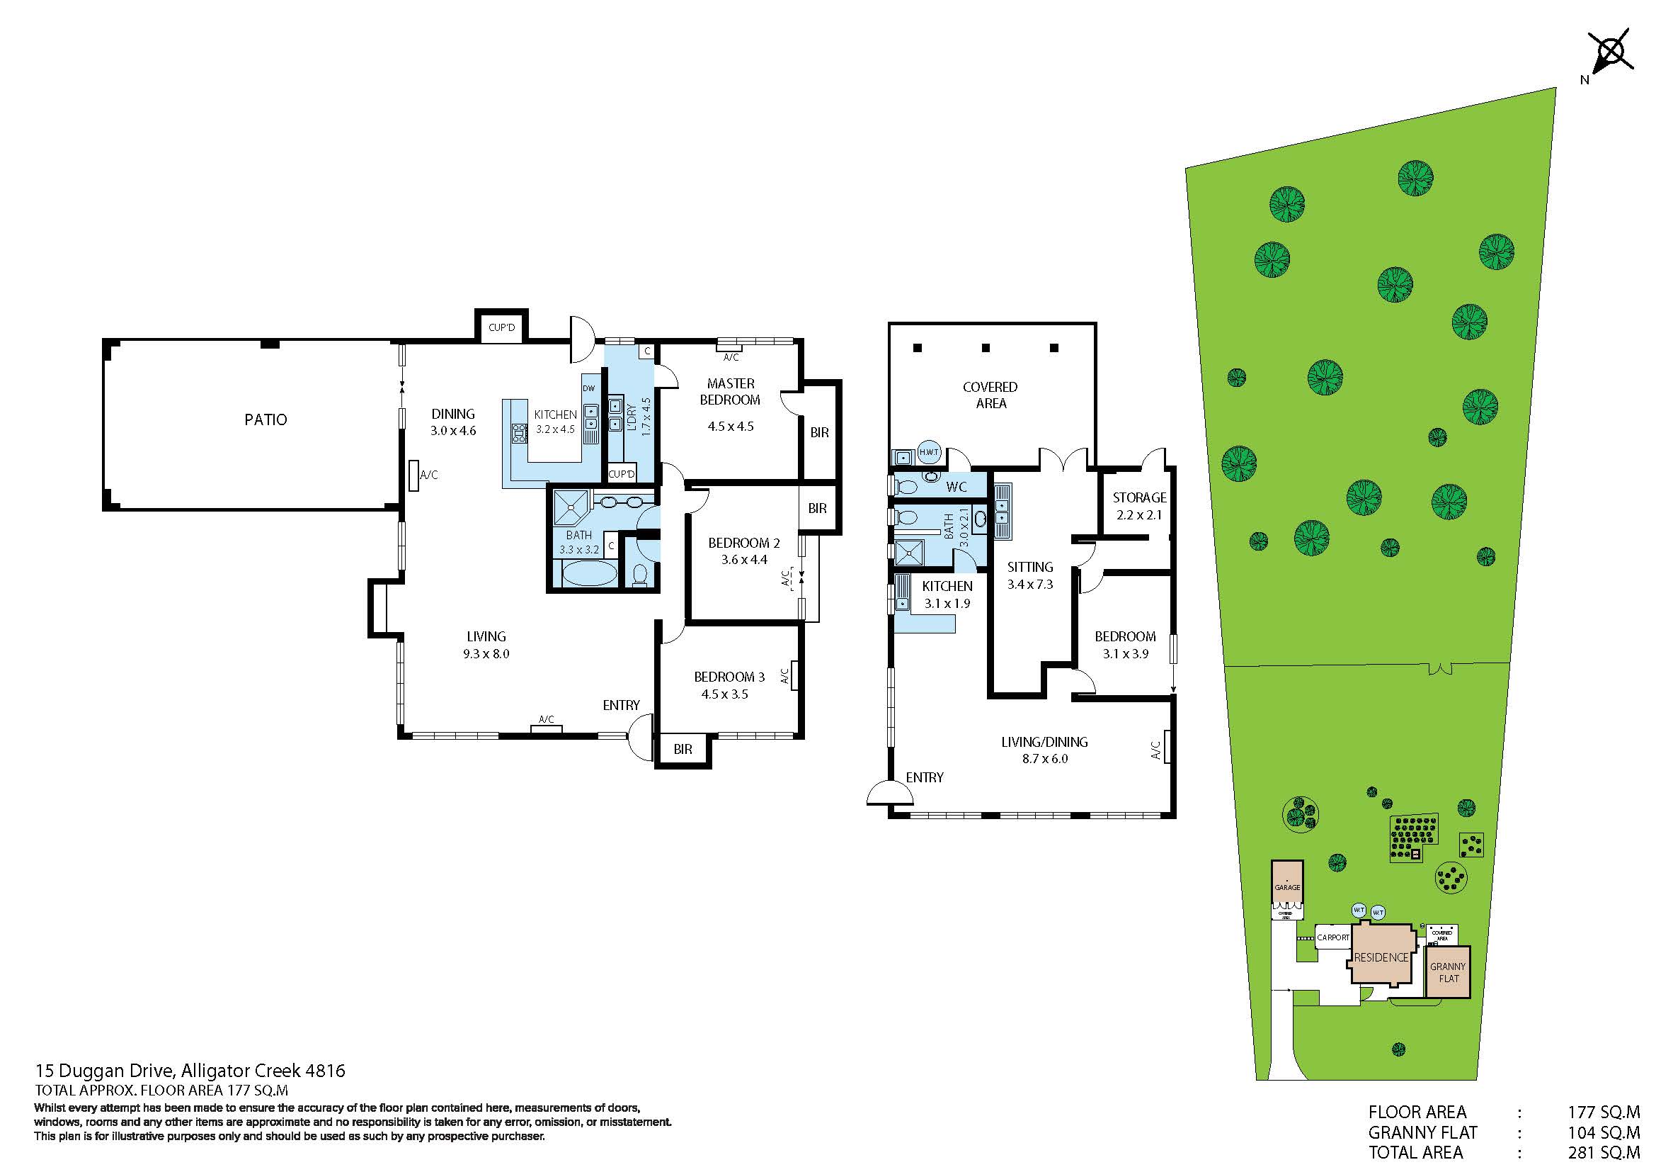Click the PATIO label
[265, 419]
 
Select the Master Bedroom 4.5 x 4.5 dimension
[730, 427]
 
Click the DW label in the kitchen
[588, 388]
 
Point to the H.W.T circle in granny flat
[929, 453]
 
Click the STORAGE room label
[1139, 497]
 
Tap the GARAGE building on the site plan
[1286, 887]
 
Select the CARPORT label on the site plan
[1333, 937]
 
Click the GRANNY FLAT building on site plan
[1448, 972]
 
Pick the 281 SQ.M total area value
[1604, 1154]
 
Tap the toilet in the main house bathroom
[639, 575]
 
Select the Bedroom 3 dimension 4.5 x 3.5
[724, 694]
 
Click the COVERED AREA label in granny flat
[990, 395]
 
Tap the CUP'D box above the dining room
[501, 327]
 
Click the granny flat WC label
[957, 487]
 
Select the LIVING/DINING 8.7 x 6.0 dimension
[1044, 758]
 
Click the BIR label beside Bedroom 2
[817, 509]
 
